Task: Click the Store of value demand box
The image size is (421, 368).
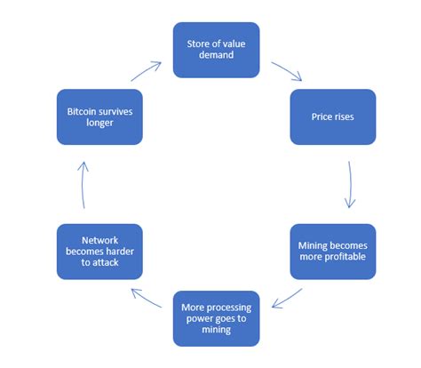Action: coord(216,50)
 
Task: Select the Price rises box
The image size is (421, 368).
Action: coord(332,116)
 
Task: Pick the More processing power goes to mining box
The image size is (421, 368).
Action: coord(216,317)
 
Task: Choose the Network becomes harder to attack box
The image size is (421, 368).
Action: coord(99,251)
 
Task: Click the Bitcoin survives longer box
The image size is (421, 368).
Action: coord(99,116)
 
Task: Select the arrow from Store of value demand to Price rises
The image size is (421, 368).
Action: coord(286,71)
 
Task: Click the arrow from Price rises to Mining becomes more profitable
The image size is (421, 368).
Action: coord(353,184)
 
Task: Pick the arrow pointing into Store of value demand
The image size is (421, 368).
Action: coord(147,70)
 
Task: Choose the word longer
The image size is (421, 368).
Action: coord(99,124)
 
